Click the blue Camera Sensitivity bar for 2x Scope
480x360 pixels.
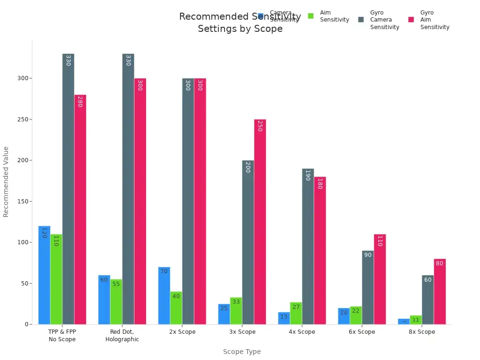[x=164, y=296]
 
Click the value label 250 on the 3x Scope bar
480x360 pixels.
[x=259, y=126]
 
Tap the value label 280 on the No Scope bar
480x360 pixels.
[x=80, y=102]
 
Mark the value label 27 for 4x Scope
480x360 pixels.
[x=296, y=307]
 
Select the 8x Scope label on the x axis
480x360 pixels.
[x=421, y=332]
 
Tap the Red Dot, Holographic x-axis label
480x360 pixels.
[x=122, y=336]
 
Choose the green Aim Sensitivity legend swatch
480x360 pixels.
[x=310, y=16]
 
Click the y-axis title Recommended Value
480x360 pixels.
[x=6, y=181]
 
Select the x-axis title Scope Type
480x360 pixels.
[x=241, y=352]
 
